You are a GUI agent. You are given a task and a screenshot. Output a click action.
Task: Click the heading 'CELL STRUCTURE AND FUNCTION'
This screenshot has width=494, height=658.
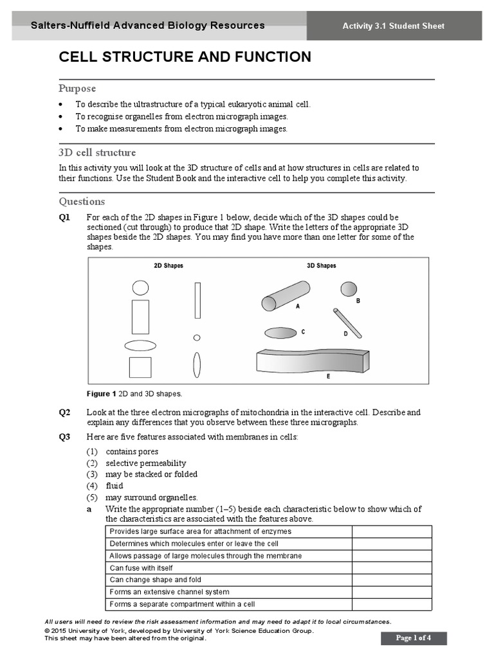click(185, 57)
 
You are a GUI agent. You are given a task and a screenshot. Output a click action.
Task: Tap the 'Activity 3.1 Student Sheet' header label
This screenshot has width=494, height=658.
click(393, 26)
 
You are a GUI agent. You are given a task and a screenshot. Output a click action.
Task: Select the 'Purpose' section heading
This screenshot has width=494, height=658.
click(77, 89)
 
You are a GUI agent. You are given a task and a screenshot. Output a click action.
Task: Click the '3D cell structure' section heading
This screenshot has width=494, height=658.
click(97, 153)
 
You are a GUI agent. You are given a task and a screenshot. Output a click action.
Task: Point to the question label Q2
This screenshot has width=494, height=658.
click(64, 413)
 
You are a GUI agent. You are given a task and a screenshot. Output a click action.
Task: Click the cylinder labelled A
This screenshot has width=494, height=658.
click(285, 295)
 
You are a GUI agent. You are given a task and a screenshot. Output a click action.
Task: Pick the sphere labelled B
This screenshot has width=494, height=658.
click(349, 289)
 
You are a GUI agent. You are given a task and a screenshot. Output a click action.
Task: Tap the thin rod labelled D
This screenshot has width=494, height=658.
click(347, 323)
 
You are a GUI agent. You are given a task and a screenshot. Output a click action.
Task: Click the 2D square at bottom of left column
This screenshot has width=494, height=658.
click(140, 367)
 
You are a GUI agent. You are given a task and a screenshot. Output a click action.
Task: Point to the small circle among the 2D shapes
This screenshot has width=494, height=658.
click(197, 337)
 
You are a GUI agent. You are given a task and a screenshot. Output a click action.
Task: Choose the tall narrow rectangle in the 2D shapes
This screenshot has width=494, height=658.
click(197, 301)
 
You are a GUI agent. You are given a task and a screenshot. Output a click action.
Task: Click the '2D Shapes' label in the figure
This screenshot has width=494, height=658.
click(168, 265)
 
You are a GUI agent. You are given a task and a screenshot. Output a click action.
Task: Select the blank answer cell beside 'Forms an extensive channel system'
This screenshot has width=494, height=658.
click(391, 592)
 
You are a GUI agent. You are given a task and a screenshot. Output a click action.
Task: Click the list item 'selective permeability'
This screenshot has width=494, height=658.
click(146, 463)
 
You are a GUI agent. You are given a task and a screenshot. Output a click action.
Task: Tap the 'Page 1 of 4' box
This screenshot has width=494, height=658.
click(413, 638)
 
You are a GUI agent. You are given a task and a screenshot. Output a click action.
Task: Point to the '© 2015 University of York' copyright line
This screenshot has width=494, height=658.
click(179, 631)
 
